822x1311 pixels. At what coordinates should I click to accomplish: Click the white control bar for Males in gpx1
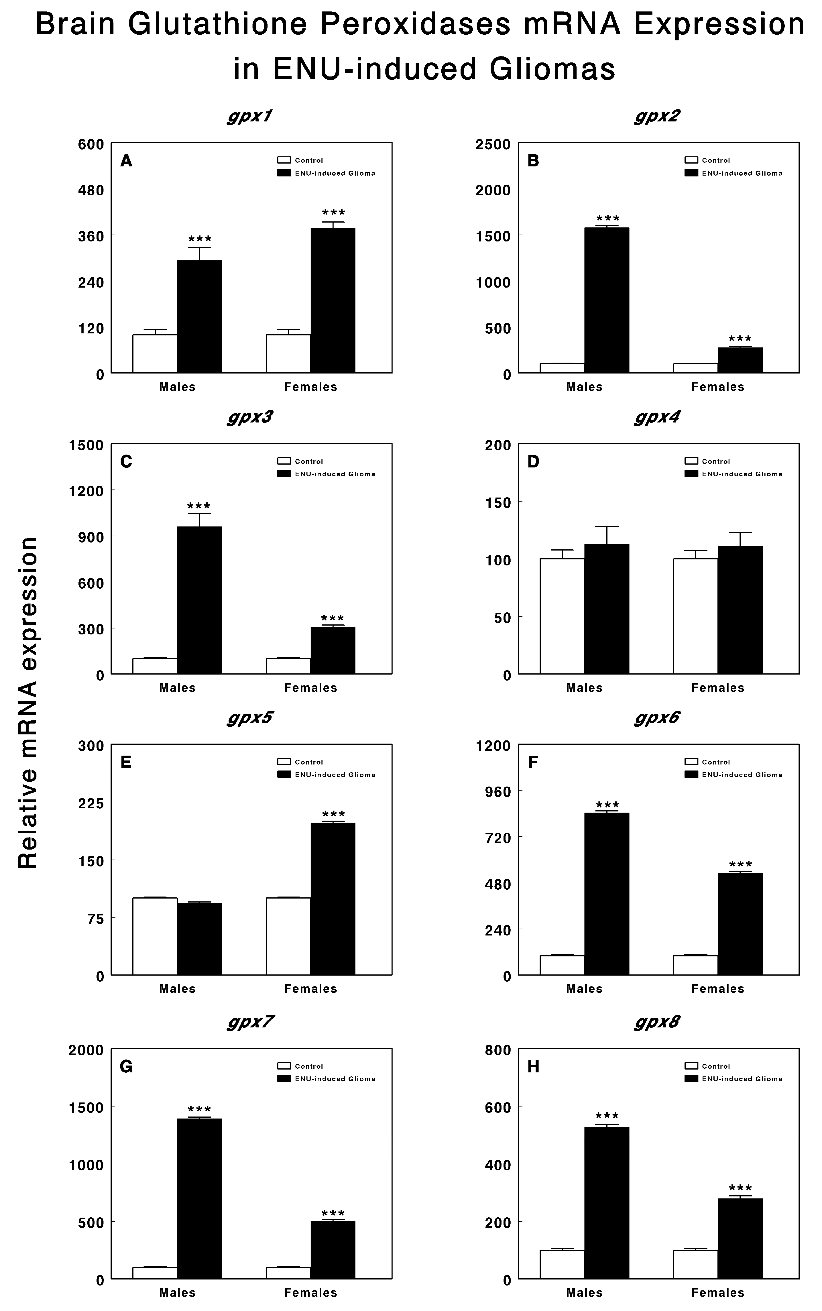(x=155, y=354)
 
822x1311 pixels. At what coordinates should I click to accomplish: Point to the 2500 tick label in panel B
(x=493, y=145)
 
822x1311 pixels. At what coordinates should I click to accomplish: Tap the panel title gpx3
(x=249, y=417)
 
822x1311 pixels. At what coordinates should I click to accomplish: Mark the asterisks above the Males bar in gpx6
(x=607, y=805)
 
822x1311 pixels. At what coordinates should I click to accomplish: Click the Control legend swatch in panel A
(x=284, y=160)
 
